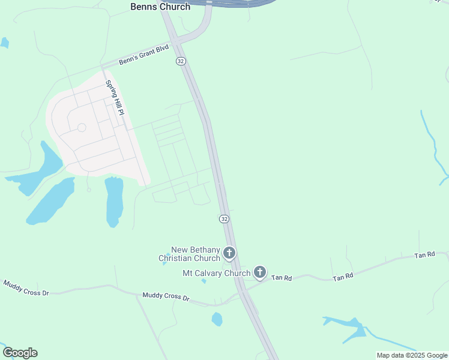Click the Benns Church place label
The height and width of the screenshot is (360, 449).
160,7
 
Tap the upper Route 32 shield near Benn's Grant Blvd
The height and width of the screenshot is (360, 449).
181,61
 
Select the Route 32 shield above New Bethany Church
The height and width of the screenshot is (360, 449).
224,219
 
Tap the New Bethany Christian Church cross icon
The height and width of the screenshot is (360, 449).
229,253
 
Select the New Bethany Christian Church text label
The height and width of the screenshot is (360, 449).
190,254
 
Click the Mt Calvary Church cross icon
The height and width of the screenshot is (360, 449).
259,272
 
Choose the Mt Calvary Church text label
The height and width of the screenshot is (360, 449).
216,274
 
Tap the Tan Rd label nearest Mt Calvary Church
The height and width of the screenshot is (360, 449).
281,277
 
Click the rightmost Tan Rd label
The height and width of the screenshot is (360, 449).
424,255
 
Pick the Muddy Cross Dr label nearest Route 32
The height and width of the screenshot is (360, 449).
165,297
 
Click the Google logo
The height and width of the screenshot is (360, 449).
20,353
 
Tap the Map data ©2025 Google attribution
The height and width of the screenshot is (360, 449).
412,355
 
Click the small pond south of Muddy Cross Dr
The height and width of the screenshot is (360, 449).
217,319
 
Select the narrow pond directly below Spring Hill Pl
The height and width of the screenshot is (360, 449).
114,201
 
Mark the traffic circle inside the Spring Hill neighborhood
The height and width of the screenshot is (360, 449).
82,127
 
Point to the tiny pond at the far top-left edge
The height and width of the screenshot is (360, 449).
4,43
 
